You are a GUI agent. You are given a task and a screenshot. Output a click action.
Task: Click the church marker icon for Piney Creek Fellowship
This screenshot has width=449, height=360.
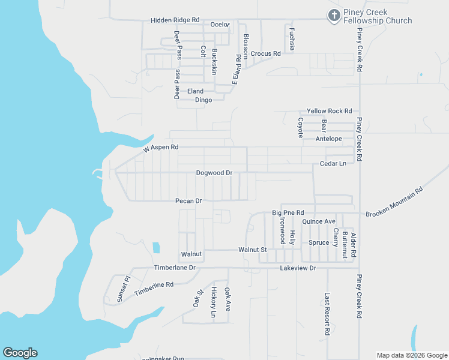tap(334, 16)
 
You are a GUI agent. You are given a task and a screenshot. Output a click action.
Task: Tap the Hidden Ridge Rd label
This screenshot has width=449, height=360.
tap(175, 20)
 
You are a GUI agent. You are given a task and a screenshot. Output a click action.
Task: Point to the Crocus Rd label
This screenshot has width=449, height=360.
tap(266, 53)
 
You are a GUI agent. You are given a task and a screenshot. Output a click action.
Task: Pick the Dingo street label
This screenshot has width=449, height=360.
tap(203, 100)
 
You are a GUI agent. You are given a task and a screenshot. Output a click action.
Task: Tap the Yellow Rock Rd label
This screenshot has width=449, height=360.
tap(329, 111)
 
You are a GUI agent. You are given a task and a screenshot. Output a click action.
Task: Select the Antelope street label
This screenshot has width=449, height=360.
tap(328, 139)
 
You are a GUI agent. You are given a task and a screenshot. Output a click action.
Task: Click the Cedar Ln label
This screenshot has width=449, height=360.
tap(333, 163)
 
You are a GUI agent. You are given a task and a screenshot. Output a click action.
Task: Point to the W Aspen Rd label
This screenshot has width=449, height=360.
tap(161, 147)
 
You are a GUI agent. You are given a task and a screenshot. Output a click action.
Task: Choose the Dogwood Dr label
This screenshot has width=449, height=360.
tap(214, 173)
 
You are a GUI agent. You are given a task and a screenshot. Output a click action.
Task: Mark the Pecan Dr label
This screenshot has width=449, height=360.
tap(188, 200)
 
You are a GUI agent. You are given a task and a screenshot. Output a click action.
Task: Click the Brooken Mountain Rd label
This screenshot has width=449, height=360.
tap(394, 201)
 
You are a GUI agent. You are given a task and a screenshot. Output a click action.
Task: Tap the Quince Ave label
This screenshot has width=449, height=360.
tap(319, 221)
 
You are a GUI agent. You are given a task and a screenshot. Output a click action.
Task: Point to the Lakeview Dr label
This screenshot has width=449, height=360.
tap(298, 268)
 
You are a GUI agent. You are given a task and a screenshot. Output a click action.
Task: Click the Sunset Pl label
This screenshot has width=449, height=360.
tap(123, 289)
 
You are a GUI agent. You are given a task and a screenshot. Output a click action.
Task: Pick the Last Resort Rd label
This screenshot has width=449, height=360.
tap(327, 314)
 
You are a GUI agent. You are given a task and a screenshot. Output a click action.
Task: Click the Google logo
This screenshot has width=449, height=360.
tap(20, 353)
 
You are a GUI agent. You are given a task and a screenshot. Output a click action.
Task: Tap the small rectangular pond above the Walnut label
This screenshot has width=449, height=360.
tap(156, 247)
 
